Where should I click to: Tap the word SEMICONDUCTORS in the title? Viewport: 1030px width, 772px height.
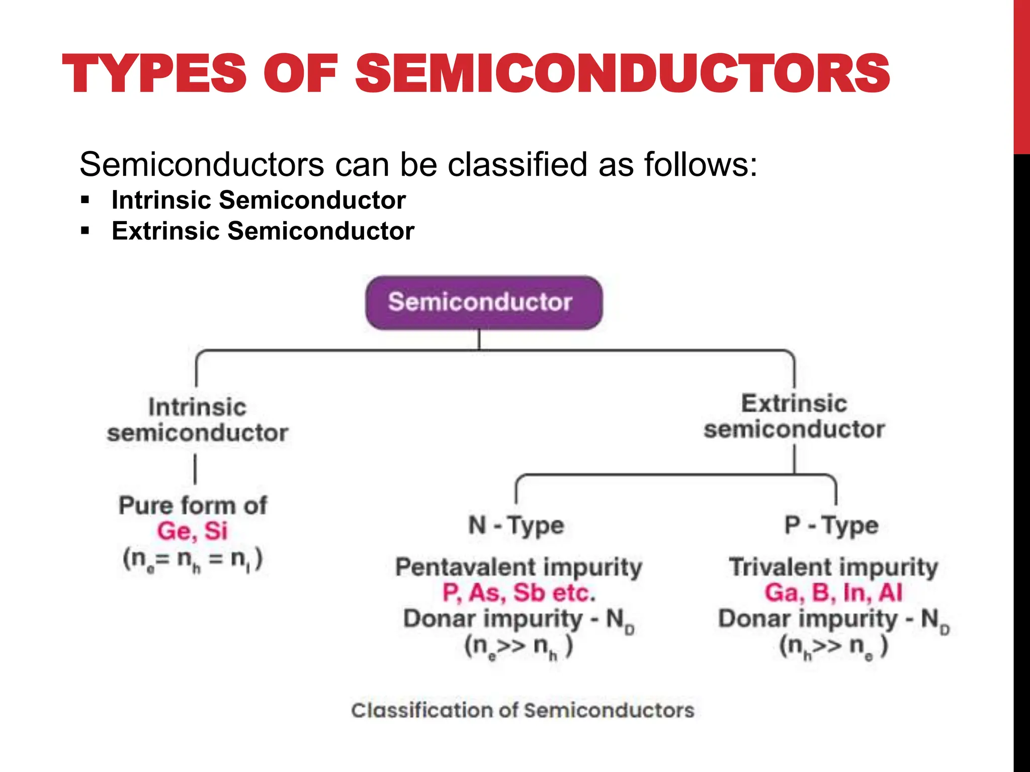click(x=623, y=74)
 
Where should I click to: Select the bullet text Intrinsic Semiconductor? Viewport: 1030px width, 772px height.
click(x=259, y=200)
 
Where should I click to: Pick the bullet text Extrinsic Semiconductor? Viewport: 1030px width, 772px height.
click(x=263, y=231)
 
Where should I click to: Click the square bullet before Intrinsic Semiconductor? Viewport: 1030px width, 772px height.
click(x=85, y=201)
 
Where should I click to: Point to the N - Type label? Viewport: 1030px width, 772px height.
click(x=516, y=526)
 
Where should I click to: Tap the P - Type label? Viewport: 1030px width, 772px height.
click(x=831, y=526)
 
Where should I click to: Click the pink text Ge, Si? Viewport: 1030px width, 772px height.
click(x=193, y=531)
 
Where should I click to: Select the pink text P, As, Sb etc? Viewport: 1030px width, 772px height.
click(x=519, y=593)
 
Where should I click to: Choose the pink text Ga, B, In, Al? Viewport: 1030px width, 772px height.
click(x=833, y=593)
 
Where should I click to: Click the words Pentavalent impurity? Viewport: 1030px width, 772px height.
click(x=519, y=567)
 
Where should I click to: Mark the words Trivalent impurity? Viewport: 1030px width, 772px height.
click(x=833, y=567)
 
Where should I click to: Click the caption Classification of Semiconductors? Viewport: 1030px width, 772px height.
click(x=523, y=710)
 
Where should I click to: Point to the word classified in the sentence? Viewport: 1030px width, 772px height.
click(x=517, y=164)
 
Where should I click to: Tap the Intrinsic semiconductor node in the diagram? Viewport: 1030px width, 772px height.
click(x=197, y=420)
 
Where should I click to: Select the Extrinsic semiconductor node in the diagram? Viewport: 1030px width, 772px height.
click(x=794, y=417)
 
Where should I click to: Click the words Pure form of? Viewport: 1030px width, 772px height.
click(x=193, y=505)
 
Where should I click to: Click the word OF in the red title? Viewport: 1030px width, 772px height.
click(x=301, y=74)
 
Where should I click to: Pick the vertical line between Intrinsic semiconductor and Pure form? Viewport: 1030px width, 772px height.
click(x=195, y=469)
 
